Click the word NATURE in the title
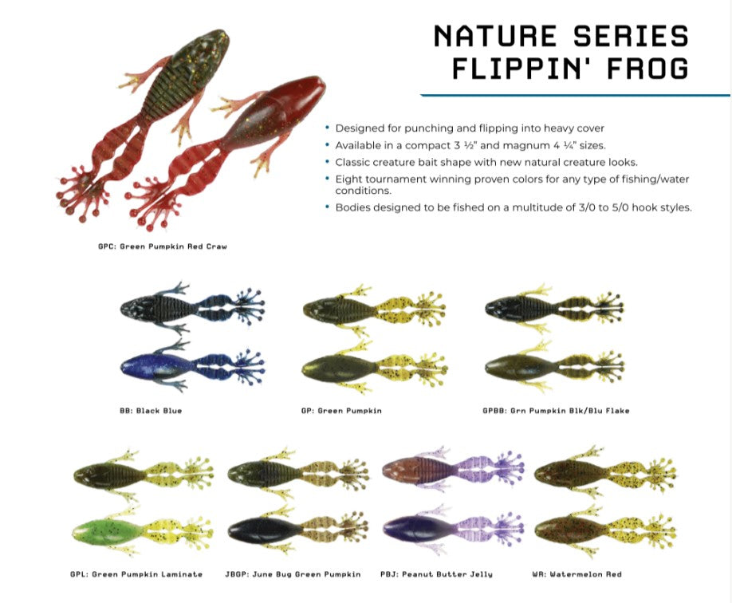[495, 36]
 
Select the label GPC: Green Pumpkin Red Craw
[163, 246]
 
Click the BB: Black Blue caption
[151, 411]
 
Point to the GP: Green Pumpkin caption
[341, 411]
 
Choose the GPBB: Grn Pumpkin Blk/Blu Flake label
[556, 411]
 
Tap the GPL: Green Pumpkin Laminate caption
[136, 574]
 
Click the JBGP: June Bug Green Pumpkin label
[293, 574]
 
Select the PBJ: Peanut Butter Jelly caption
[436, 574]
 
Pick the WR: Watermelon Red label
[577, 574]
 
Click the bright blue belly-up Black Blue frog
[191, 365]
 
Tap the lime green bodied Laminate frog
[143, 531]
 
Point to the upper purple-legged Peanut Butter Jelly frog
[453, 470]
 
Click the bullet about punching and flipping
[469, 128]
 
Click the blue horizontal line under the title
[575, 95]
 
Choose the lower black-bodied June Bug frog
[298, 529]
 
